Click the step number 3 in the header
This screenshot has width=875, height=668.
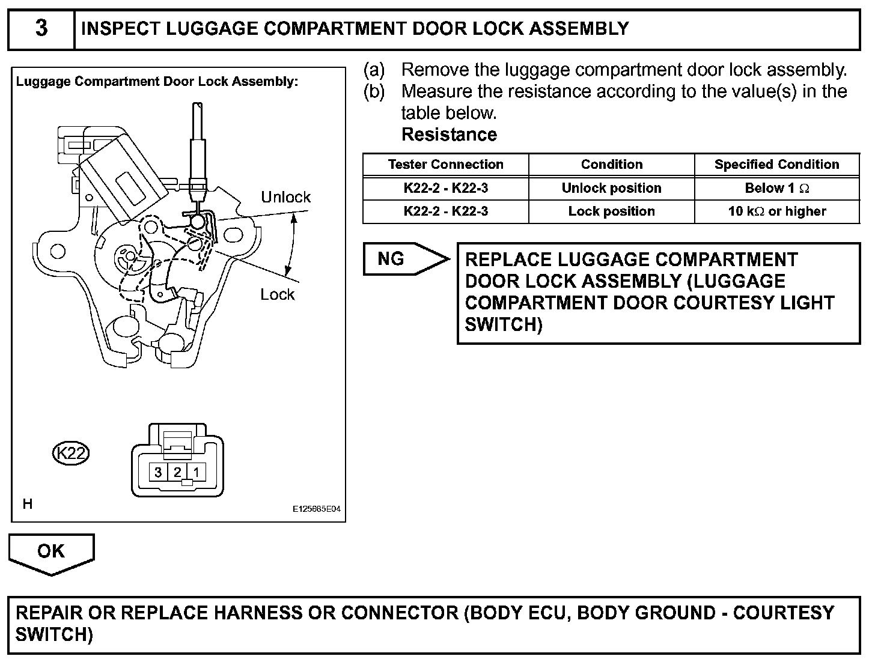[x=41, y=29]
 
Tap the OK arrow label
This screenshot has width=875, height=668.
[x=50, y=551]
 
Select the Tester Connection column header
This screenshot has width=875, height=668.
[x=445, y=165]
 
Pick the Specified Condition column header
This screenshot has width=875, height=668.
[x=776, y=165]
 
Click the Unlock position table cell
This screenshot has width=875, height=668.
[x=611, y=188]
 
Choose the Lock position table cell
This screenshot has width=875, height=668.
[x=611, y=211]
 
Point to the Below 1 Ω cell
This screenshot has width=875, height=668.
[x=776, y=188]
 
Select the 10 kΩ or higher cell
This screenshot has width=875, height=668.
[x=776, y=211]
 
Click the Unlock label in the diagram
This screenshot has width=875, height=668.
[x=285, y=197]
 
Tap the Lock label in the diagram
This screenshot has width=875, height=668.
[x=278, y=294]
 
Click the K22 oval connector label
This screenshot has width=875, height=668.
[x=71, y=453]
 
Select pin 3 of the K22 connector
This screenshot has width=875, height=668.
[x=158, y=472]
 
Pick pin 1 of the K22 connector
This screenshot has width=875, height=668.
[x=196, y=472]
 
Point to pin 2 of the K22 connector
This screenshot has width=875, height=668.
[x=177, y=472]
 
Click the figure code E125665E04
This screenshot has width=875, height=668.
[x=317, y=509]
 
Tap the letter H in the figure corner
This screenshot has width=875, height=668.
[x=27, y=504]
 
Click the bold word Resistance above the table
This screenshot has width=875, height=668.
[x=449, y=135]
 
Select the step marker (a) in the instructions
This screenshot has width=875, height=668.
[x=374, y=70]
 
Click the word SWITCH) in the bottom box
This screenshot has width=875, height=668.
[x=54, y=634]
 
